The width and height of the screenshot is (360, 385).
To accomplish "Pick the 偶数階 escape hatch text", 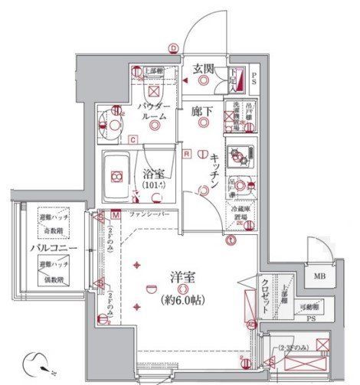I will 52,276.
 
